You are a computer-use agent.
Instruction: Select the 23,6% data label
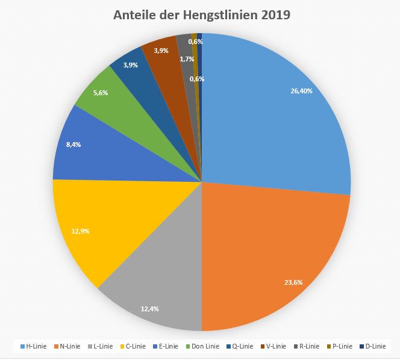tap(294, 282)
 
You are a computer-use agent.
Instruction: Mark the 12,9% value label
tap(81, 231)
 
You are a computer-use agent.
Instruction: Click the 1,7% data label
tap(187, 59)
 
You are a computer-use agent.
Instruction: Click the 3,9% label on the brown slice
tap(161, 51)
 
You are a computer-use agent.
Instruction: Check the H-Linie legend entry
tap(34, 346)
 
